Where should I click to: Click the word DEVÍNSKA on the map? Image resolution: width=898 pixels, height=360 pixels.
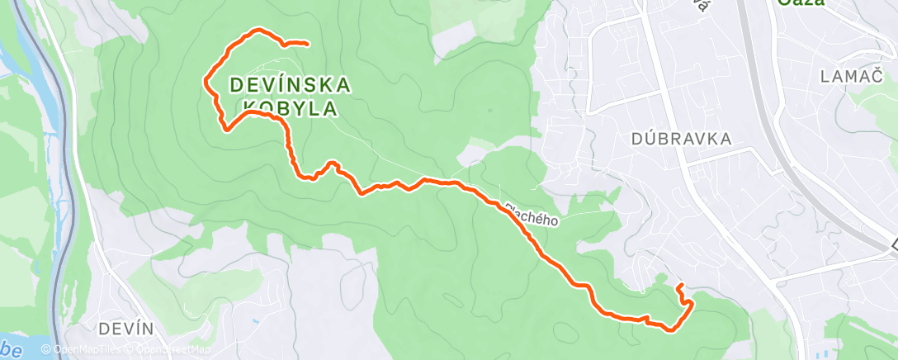coord(289,84)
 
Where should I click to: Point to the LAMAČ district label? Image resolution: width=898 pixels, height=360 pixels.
coord(852,77)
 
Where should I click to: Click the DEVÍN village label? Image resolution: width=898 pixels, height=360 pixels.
coord(126,329)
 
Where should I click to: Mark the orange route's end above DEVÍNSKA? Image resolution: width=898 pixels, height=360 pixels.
coord(307,43)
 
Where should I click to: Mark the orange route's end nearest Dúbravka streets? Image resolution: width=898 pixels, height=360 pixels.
coord(678,286)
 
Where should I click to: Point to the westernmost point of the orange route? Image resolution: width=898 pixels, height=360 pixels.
coord(205,79)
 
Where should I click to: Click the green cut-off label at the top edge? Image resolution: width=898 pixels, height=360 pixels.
coord(801,3)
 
